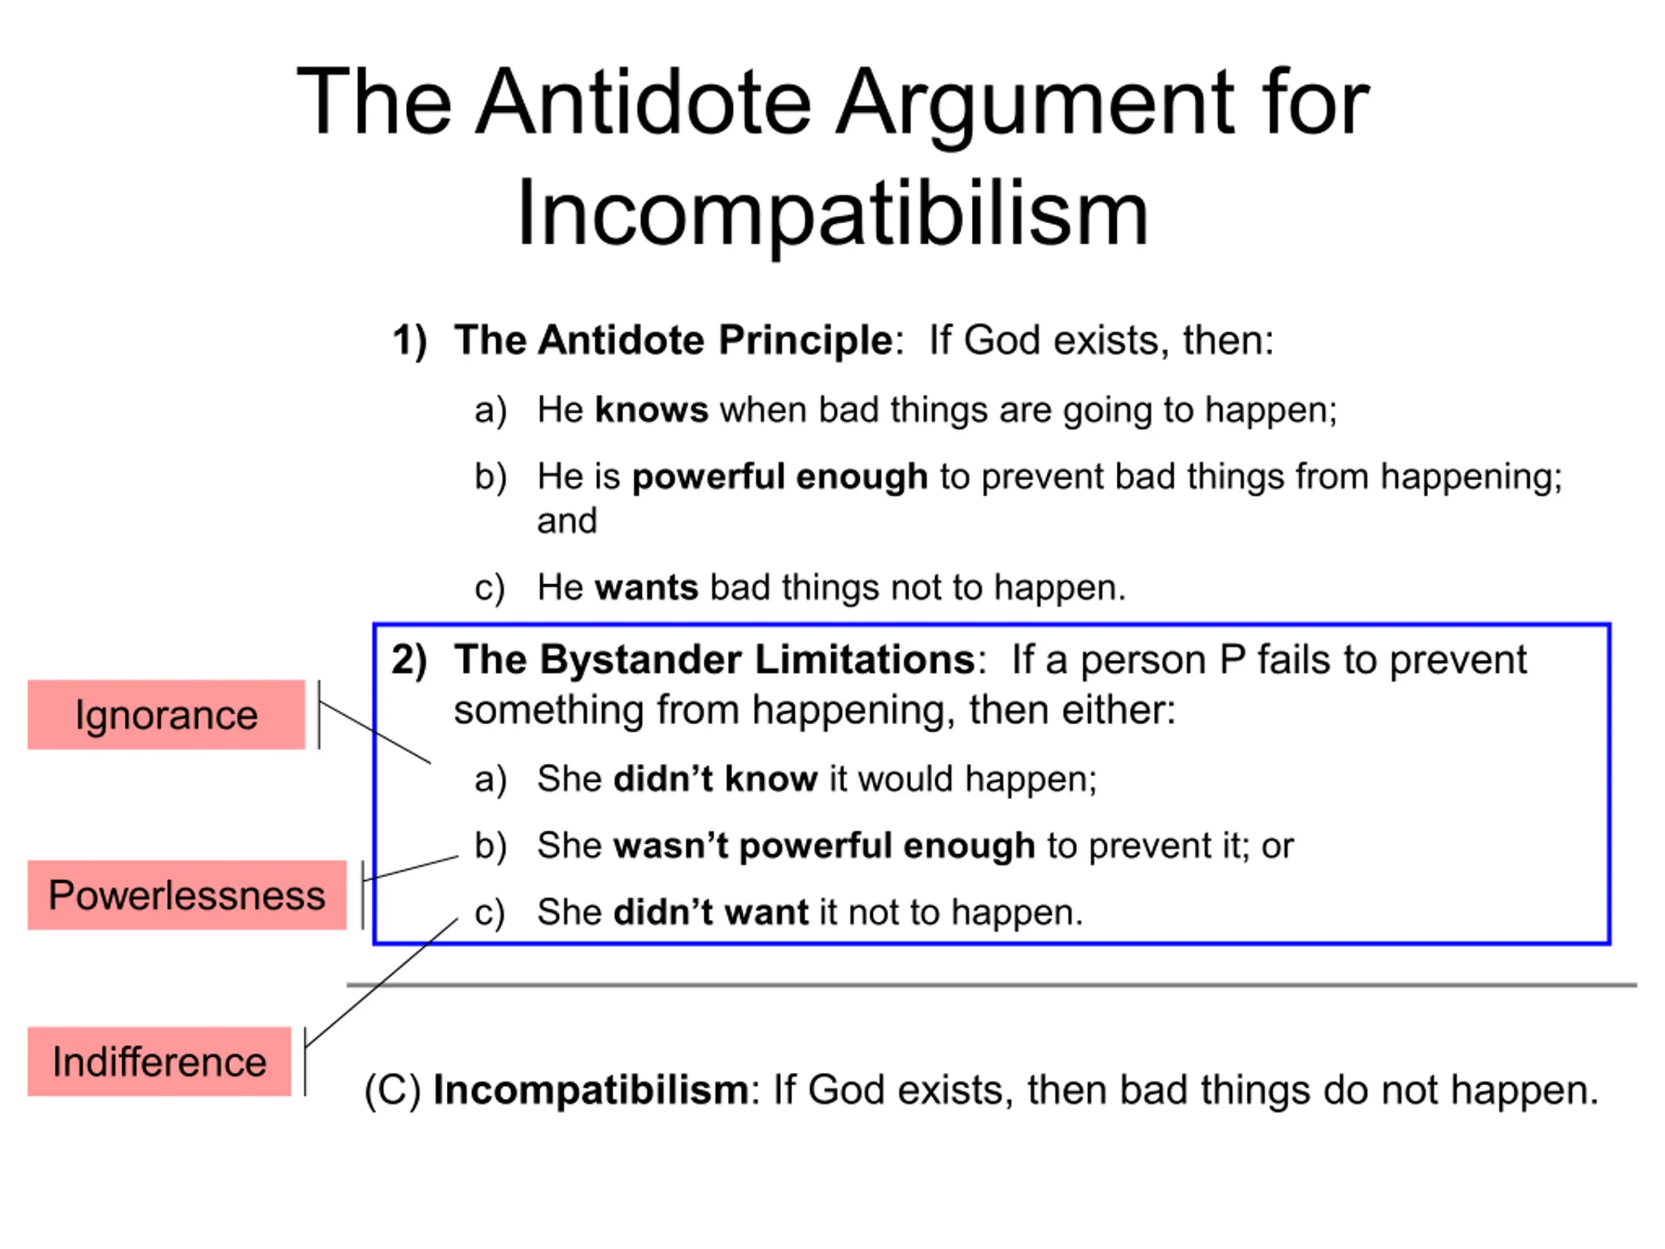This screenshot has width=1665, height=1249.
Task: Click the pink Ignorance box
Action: [x=166, y=714]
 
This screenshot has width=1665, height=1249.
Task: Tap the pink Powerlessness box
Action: [x=187, y=895]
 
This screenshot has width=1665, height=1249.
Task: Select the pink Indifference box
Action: [x=159, y=1062]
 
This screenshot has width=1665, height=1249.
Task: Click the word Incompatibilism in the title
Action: [x=832, y=213]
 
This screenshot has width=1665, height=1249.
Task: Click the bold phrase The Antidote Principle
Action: [x=674, y=340]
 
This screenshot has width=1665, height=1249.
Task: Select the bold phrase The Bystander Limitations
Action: [x=715, y=660]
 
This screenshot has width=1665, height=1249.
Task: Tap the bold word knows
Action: [x=652, y=410]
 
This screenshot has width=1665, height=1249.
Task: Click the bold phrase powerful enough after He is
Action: [x=780, y=478]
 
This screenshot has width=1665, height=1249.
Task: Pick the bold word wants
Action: [x=646, y=588]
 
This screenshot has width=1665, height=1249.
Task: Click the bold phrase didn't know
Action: [x=716, y=779]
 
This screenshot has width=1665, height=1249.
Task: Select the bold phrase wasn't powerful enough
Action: [x=824, y=846]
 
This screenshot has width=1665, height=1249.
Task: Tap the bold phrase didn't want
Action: [x=712, y=913]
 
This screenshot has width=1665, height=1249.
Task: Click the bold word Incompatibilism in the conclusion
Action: [x=591, y=1090]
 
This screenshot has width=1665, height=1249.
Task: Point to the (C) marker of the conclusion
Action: [x=392, y=1091]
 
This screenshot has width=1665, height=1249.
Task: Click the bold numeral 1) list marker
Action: [x=410, y=341]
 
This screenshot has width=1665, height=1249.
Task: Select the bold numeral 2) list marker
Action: [x=410, y=661]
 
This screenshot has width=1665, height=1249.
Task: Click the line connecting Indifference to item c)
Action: [x=382, y=982]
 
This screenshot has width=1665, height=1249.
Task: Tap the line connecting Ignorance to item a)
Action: [x=376, y=732]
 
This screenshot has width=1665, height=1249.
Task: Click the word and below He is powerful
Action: [x=566, y=521]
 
